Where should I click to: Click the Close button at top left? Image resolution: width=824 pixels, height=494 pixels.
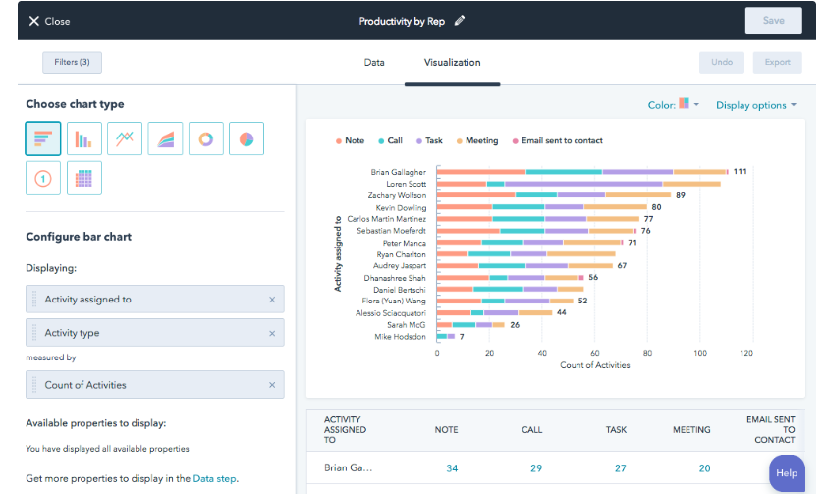coord(49,21)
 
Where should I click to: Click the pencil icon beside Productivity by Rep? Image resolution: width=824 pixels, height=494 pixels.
coord(460,21)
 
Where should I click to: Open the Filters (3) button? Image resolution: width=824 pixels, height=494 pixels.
coord(72,63)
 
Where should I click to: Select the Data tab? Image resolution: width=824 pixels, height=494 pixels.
coord(374,63)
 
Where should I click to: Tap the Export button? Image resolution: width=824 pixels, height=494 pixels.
coord(777,63)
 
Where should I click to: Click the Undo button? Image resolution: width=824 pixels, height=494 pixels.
coord(722,63)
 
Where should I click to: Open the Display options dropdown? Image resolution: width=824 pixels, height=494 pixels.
coord(755,105)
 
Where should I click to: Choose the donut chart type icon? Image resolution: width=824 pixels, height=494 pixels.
coord(206,139)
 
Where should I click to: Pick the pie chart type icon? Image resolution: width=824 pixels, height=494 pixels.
coord(247,139)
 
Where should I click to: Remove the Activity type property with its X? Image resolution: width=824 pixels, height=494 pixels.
coord(272,333)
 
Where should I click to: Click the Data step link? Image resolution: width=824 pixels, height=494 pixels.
coord(214,479)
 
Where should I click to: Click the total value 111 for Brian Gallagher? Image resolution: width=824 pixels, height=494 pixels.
coord(740,172)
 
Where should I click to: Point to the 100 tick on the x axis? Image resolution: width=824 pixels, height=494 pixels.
coord(700,352)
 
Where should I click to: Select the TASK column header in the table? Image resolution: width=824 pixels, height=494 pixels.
coord(616,430)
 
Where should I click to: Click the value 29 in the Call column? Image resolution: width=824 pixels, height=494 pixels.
coord(535,468)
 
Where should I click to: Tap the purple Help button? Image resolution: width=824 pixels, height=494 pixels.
coord(787,472)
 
